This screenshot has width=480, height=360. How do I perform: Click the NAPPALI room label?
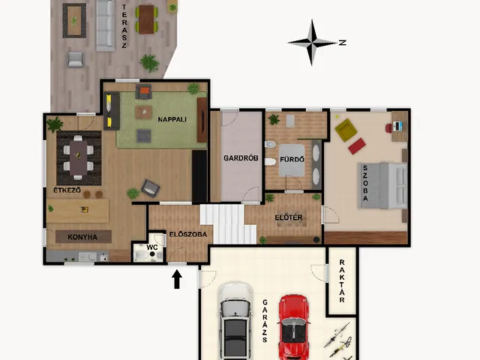[172, 119]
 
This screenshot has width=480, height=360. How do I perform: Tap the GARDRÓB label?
[241, 158]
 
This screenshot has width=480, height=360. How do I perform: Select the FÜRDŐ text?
[292, 160]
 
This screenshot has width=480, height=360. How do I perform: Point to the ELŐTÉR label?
[289, 217]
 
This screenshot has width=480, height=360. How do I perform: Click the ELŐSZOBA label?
[188, 235]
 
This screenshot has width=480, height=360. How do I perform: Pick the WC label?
[152, 247]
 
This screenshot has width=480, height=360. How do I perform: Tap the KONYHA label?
[82, 237]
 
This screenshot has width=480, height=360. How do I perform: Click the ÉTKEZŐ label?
[67, 190]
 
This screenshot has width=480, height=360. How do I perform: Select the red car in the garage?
[293, 327]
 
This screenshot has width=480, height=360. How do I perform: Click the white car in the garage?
[235, 322]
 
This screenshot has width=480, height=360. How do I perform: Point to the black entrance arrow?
[177, 279]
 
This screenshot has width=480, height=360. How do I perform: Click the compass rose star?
[312, 43]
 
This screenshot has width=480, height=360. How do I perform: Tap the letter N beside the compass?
[343, 43]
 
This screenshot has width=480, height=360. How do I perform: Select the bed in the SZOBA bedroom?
[382, 186]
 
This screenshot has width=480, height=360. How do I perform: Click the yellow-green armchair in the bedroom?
[346, 130]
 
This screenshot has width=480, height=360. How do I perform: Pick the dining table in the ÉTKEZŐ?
[78, 157]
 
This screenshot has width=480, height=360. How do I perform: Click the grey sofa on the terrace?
[106, 25]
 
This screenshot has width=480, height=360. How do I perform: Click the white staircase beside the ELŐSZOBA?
[228, 224]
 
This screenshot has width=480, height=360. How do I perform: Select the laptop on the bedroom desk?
[398, 126]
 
